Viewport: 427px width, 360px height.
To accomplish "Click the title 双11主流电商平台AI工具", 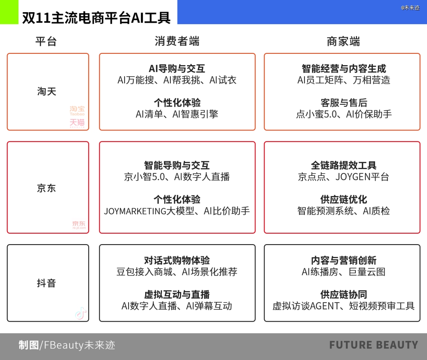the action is click(x=96, y=18).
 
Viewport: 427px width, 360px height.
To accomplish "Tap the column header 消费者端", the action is click(x=177, y=41).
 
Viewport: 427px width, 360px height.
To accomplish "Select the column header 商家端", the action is click(x=343, y=41).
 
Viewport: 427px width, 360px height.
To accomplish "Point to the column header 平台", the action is click(x=46, y=41).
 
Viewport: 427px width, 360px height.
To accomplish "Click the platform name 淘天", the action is click(x=47, y=91).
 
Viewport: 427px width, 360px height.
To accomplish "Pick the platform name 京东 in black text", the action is click(x=47, y=188).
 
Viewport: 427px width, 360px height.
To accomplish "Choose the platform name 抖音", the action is click(x=47, y=283).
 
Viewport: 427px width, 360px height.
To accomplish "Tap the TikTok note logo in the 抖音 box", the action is click(x=81, y=313).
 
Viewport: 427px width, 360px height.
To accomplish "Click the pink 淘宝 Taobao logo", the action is click(x=77, y=111).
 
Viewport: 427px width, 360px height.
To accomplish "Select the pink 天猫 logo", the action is click(x=77, y=123).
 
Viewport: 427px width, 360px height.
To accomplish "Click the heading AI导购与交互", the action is click(x=177, y=69).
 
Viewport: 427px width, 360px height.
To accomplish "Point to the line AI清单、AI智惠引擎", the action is click(x=177, y=114).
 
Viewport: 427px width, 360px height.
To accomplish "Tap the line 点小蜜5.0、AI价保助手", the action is click(x=344, y=114).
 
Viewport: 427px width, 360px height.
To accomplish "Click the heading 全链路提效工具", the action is click(x=344, y=165).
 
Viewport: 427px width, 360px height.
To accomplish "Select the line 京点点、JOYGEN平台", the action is click(x=344, y=177).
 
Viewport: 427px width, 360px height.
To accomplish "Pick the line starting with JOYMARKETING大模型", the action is click(x=177, y=211).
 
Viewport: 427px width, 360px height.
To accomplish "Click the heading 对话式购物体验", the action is click(x=177, y=260).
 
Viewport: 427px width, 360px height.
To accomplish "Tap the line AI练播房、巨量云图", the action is click(x=344, y=272).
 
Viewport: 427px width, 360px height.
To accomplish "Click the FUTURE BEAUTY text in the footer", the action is click(x=374, y=345).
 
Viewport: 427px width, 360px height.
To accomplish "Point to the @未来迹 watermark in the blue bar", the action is click(x=410, y=8).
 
